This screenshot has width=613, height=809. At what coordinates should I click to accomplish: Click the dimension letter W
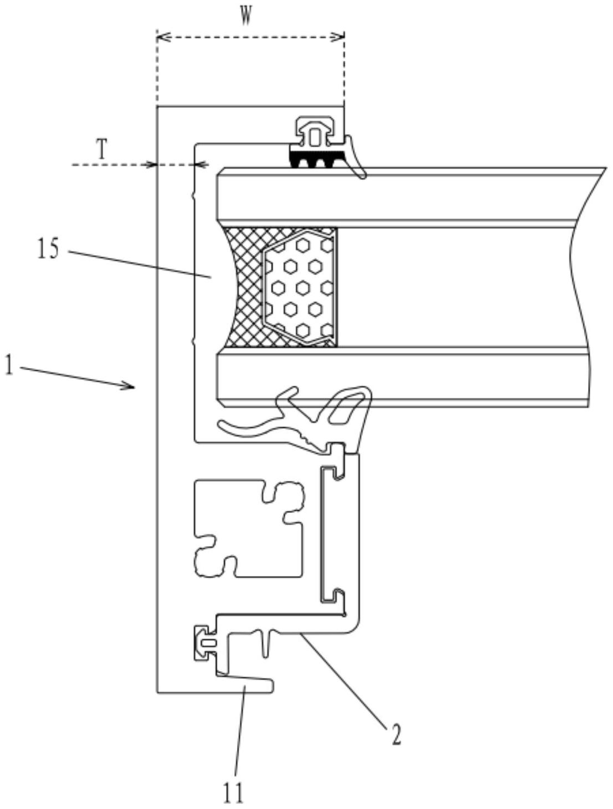point(247,17)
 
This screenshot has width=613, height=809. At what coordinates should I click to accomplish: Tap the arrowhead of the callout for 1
point(132,386)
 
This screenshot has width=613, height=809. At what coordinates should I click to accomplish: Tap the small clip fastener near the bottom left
point(203,642)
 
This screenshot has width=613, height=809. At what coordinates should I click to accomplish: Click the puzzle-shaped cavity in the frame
point(244,528)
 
